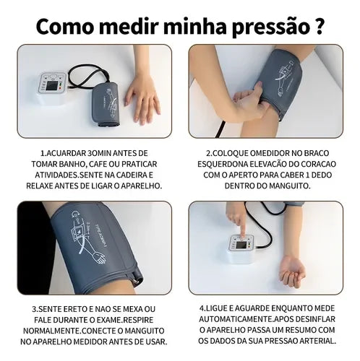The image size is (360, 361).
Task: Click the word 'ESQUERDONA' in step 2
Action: (x=223, y=164)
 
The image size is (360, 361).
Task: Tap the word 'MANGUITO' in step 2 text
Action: (x=289, y=186)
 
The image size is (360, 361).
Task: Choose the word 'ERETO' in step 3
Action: (x=79, y=309)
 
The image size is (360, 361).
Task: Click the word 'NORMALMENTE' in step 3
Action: (x=51, y=331)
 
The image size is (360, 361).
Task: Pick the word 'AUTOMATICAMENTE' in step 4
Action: (x=236, y=319)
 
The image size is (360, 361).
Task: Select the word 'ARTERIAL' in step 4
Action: (x=317, y=341)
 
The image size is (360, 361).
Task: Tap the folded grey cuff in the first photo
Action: (x=106, y=104)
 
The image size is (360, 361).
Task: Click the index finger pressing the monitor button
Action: (x=242, y=227)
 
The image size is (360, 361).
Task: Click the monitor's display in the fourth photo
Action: (x=241, y=245)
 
